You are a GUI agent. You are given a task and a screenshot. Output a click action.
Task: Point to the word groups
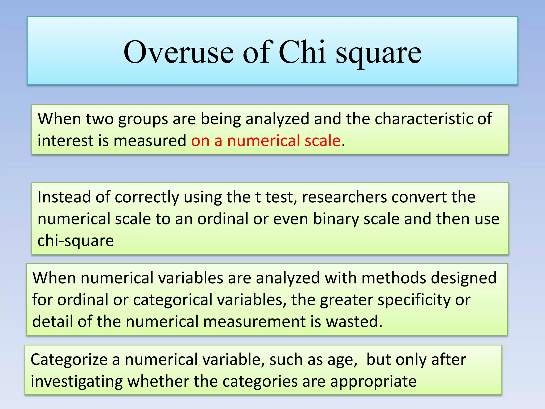[x=143, y=119]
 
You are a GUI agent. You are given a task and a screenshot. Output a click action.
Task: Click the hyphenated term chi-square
[x=76, y=240]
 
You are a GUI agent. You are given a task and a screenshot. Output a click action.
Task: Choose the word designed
[x=464, y=278]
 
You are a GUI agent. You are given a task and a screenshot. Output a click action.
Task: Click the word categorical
[x=173, y=300]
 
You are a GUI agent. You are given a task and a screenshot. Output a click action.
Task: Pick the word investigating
[x=77, y=381]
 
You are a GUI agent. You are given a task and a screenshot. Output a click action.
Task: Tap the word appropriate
[x=373, y=381]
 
